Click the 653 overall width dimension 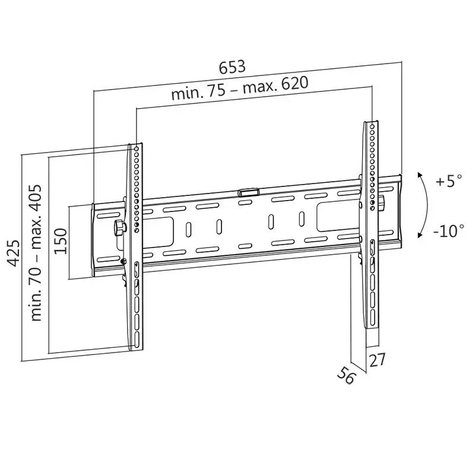click(x=232, y=67)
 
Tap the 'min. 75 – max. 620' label click(x=240, y=88)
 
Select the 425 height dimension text click(x=14, y=254)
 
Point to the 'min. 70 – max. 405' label click(x=35, y=253)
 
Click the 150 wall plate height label click(x=60, y=242)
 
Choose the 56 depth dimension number click(x=346, y=375)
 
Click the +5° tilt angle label click(x=449, y=181)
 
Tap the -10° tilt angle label click(x=448, y=231)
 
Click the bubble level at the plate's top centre click(x=248, y=192)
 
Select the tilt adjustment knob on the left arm click(x=120, y=227)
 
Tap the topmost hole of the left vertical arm click(x=137, y=149)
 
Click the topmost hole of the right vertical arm click(x=372, y=126)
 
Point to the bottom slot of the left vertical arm click(x=137, y=340)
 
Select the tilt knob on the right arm click(x=382, y=202)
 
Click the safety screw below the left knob click(x=123, y=261)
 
